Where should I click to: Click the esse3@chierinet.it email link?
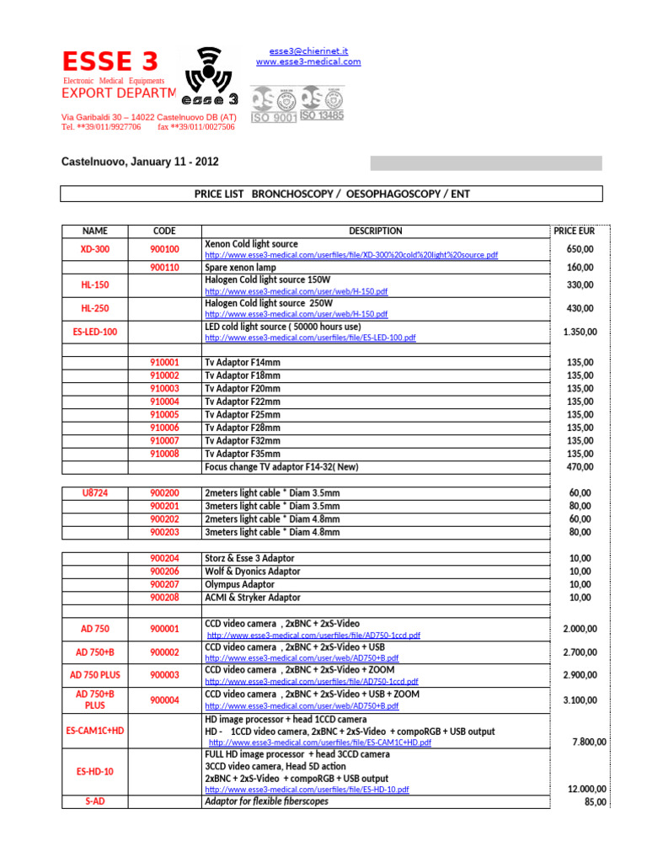[x=308, y=51]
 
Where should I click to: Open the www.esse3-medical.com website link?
[x=308, y=62]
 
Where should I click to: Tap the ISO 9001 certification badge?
[x=274, y=105]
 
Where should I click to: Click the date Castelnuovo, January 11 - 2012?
[x=140, y=162]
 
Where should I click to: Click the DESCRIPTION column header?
[x=375, y=231]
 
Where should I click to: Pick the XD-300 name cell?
[x=94, y=249]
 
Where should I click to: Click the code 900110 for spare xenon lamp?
[x=164, y=268]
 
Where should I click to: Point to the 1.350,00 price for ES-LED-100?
[x=580, y=332]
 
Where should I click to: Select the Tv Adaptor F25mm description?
[x=243, y=414]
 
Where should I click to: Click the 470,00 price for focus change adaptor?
[x=580, y=466]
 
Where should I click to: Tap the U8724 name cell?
[x=94, y=492]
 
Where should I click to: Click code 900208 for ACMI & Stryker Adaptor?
[x=164, y=598]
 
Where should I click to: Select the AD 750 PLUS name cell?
[x=94, y=675]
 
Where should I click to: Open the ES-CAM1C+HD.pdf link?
[x=319, y=743]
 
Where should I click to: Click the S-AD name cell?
[x=94, y=801]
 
